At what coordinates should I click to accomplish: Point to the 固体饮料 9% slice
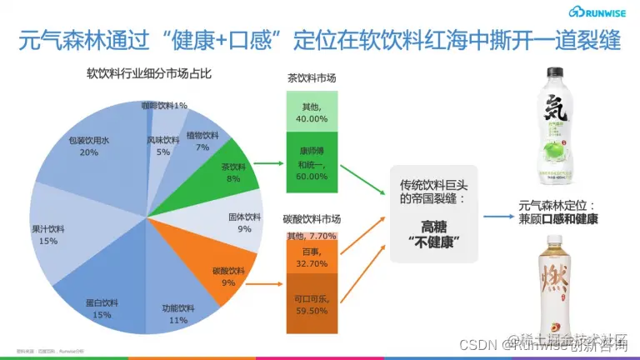pyautogui.click(x=242, y=222)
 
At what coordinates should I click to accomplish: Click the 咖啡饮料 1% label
pyautogui.click(x=163, y=106)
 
